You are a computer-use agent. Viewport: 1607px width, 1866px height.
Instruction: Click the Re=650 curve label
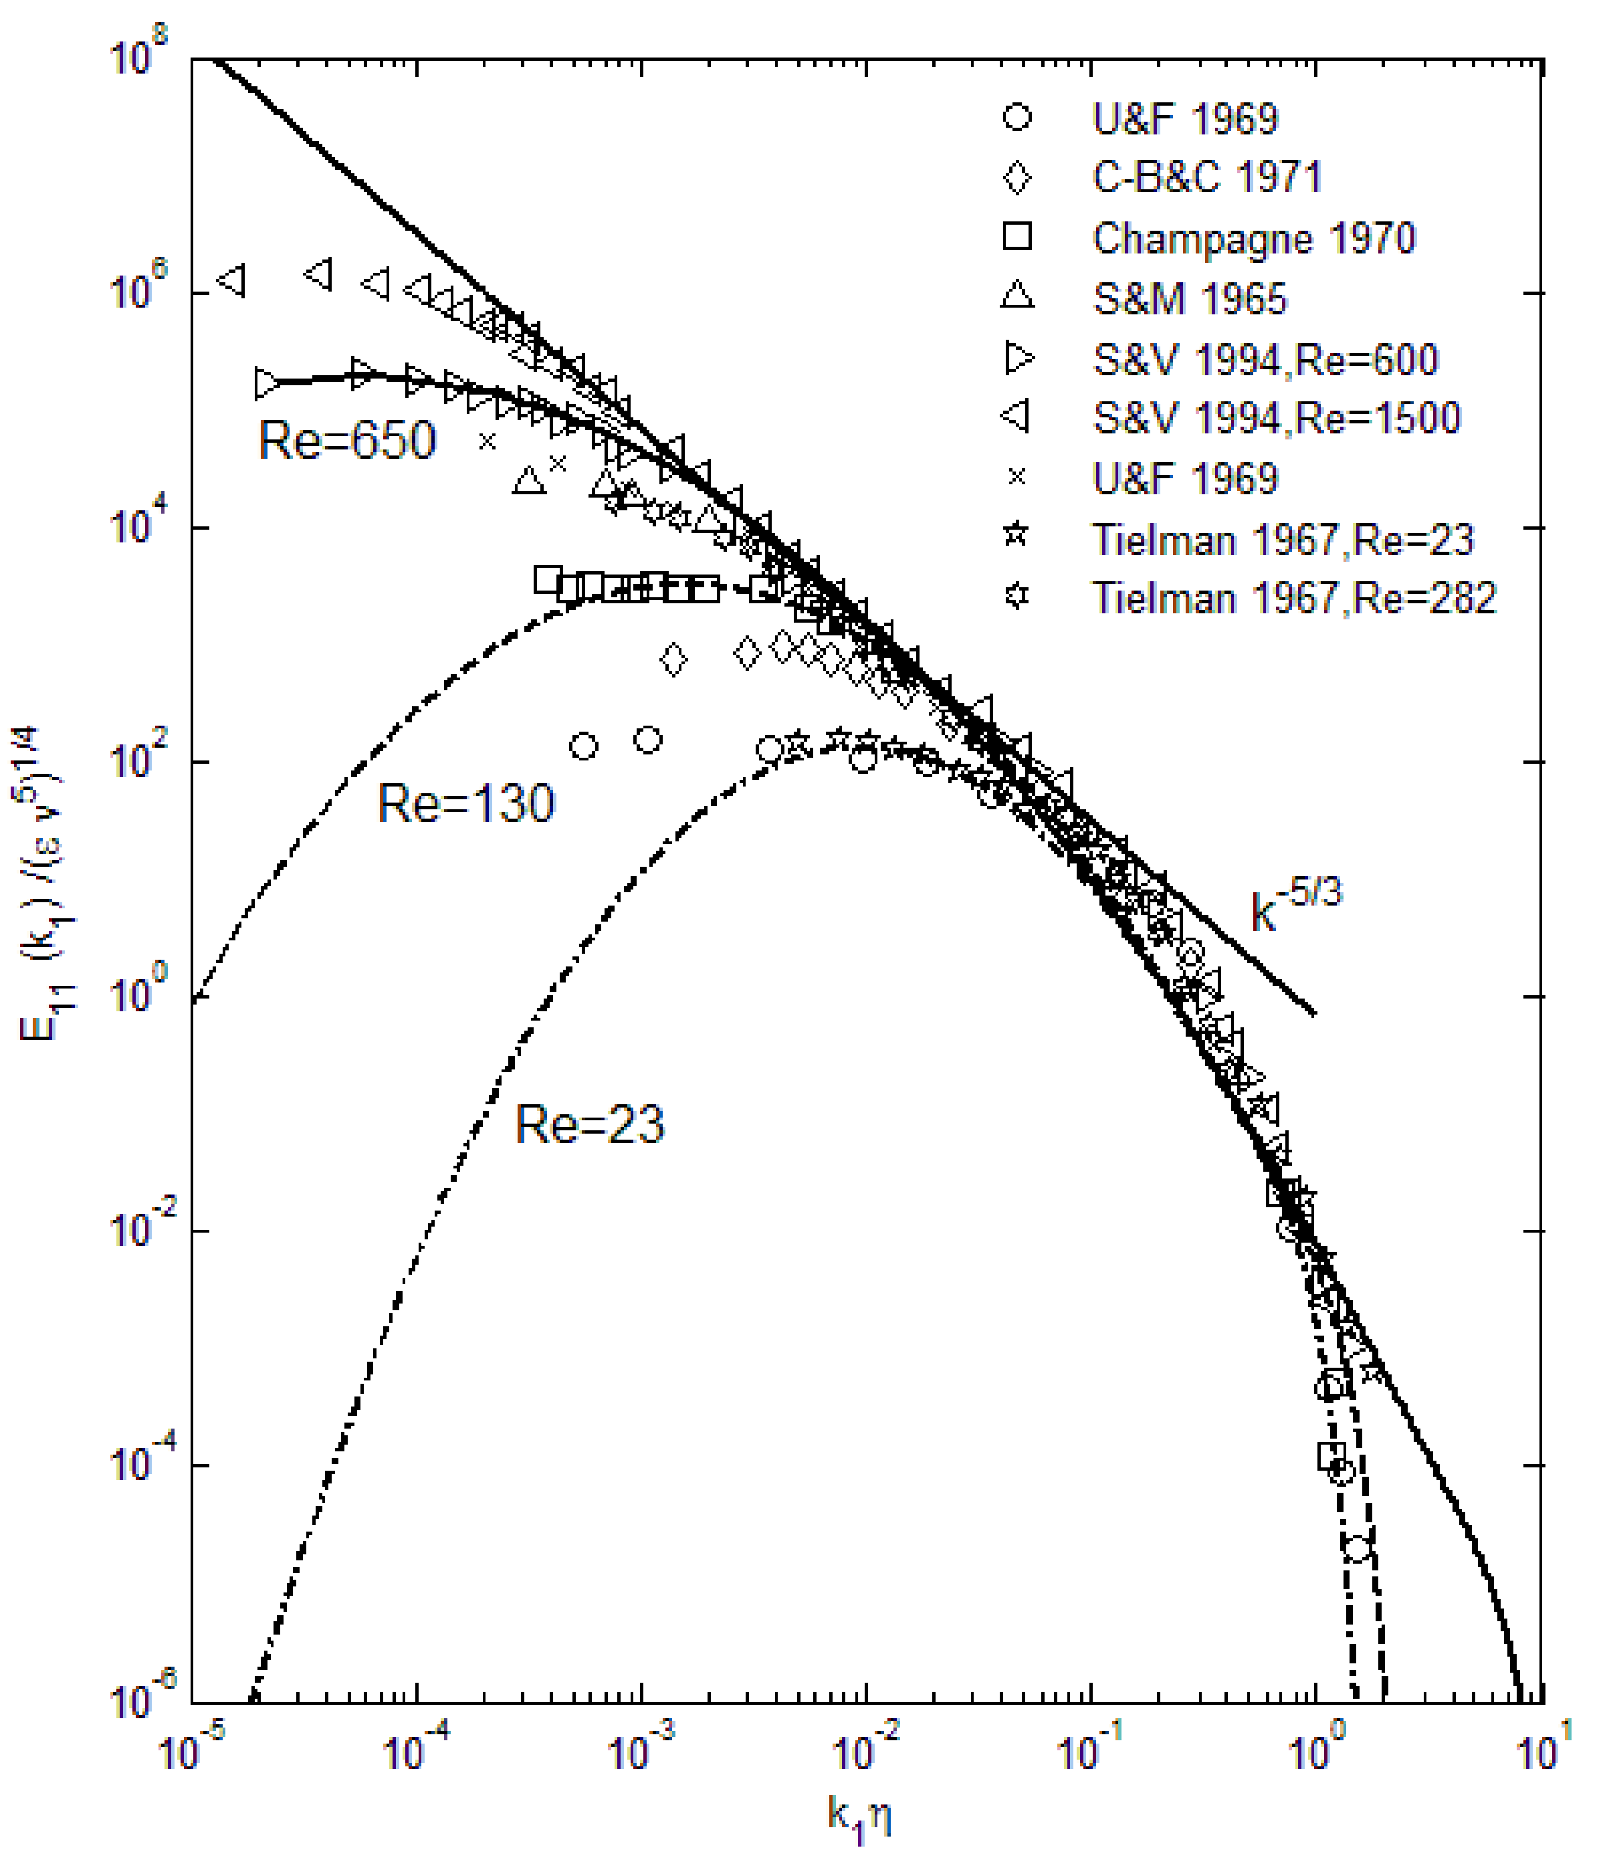[x=346, y=441]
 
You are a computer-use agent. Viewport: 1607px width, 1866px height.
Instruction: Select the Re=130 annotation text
[x=465, y=803]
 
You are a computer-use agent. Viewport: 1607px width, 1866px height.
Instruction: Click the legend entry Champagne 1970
[x=1253, y=239]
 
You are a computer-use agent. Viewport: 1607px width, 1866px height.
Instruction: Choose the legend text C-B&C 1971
[x=1206, y=177]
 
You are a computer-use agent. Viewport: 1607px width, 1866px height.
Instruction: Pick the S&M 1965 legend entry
[x=1189, y=299]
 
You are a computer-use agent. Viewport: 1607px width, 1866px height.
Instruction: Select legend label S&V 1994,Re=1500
[x=1276, y=419]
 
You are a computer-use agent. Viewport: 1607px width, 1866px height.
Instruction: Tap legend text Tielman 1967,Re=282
[x=1294, y=598]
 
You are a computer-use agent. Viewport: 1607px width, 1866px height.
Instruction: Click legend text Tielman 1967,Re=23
[x=1283, y=540]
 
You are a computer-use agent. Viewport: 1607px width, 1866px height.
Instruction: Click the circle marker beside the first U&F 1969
[x=1016, y=118]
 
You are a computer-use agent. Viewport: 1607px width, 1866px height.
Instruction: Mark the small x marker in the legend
[x=1016, y=478]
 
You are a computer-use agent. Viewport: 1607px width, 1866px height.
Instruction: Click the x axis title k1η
[x=860, y=1817]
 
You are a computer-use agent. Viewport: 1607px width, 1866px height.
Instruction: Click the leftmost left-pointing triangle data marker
[x=231, y=280]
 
